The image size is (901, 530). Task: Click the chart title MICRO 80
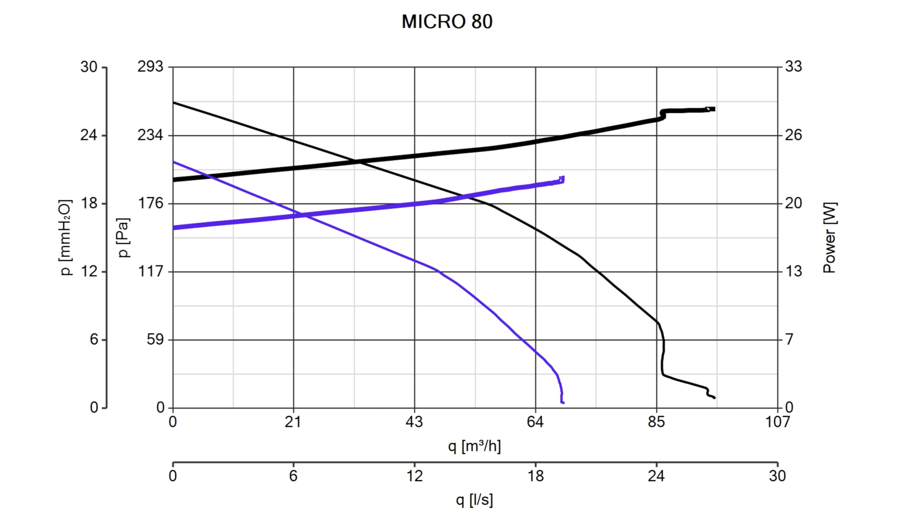point(447,22)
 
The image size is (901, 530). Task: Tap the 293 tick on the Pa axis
point(150,67)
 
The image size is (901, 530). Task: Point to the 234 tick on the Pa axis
point(150,135)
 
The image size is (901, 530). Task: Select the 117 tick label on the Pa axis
point(150,272)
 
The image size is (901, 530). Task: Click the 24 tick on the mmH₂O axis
point(89,135)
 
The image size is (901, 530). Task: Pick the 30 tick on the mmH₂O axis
point(89,67)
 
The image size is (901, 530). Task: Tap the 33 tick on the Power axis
point(793,67)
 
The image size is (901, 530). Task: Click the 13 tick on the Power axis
point(793,272)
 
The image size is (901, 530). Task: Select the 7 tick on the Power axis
point(789,339)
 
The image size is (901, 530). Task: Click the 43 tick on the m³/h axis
point(414,422)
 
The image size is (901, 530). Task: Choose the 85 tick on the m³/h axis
point(656,422)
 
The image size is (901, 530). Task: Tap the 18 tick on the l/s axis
point(535,476)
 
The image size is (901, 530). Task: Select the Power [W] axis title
point(830,238)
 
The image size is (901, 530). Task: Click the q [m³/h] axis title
point(474,446)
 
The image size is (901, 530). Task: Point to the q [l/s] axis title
point(474,500)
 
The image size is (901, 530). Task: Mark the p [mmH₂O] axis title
point(65,238)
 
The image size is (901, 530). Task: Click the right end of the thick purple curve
point(562,179)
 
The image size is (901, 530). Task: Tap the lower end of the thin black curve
point(714,398)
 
